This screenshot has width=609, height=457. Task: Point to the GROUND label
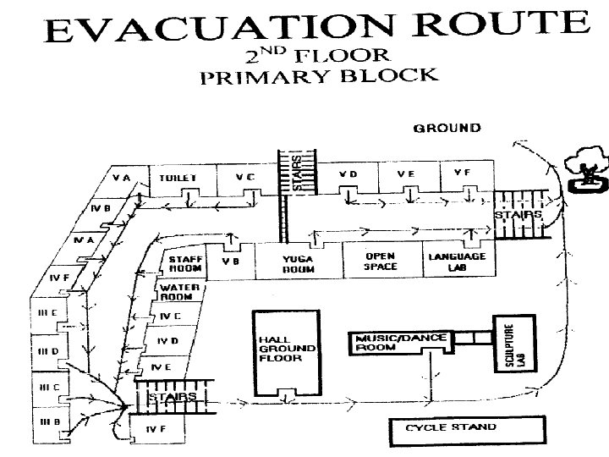(x=447, y=129)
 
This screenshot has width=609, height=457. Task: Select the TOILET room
(x=178, y=179)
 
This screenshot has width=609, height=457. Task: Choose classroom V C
(x=245, y=178)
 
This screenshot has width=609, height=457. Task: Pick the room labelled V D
(x=348, y=174)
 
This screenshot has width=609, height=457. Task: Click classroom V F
(x=461, y=173)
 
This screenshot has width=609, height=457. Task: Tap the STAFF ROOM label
(x=185, y=264)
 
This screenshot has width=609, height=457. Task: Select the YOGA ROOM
(x=299, y=263)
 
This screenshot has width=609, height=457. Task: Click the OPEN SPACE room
(x=381, y=260)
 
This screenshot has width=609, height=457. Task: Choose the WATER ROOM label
(x=180, y=292)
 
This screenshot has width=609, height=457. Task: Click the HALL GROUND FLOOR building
(x=287, y=348)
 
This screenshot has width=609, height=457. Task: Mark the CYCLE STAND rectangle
(x=451, y=427)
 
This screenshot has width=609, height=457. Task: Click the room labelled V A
(x=121, y=179)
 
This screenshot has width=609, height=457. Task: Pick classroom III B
(x=47, y=421)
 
